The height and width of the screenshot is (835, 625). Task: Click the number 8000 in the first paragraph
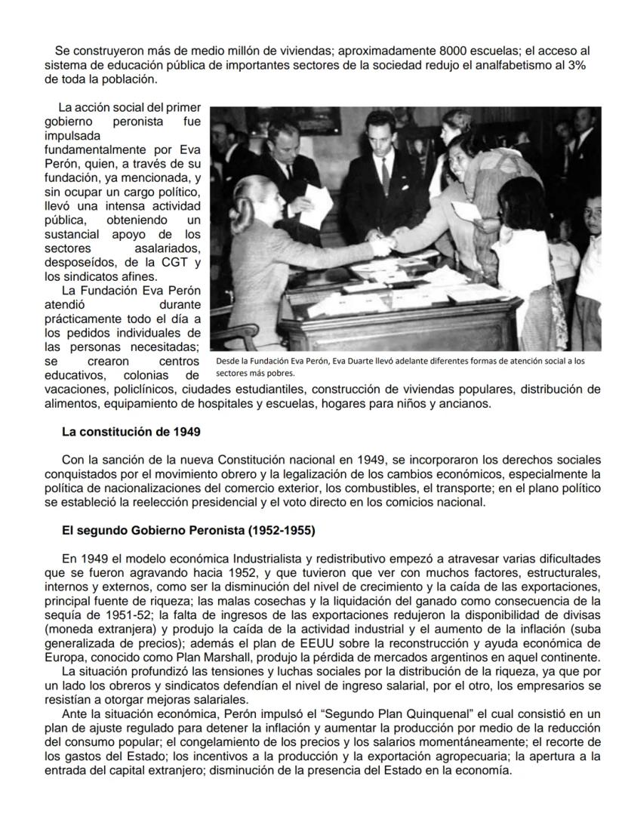click(454, 51)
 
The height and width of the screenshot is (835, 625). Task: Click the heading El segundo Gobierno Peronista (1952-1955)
click(189, 531)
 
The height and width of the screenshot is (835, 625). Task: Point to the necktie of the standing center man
click(385, 169)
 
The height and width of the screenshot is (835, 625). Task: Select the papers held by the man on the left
click(316, 204)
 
